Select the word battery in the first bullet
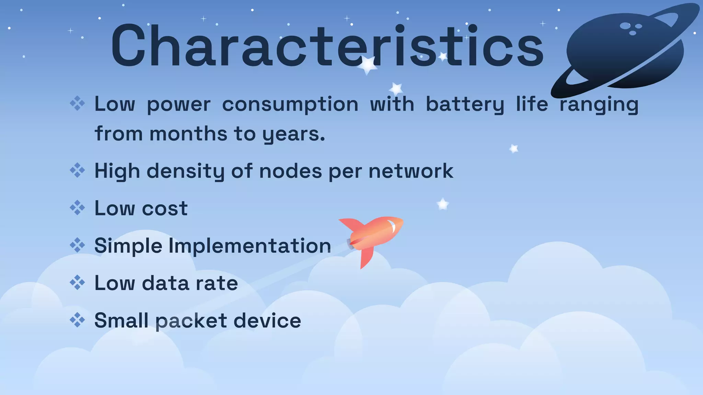pyautogui.click(x=465, y=104)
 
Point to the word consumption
pyautogui.click(x=290, y=104)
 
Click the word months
pyautogui.click(x=188, y=134)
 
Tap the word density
pyautogui.click(x=185, y=171)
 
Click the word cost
pyautogui.click(x=165, y=208)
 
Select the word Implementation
pyautogui.click(x=250, y=246)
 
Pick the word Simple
pyautogui.click(x=128, y=246)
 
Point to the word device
pyautogui.click(x=267, y=321)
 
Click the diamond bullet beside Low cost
pyautogui.click(x=77, y=208)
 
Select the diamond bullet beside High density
pyautogui.click(x=77, y=170)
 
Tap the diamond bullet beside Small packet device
pyautogui.click(x=77, y=320)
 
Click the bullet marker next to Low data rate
pyautogui.click(x=77, y=283)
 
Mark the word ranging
pyautogui.click(x=599, y=104)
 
